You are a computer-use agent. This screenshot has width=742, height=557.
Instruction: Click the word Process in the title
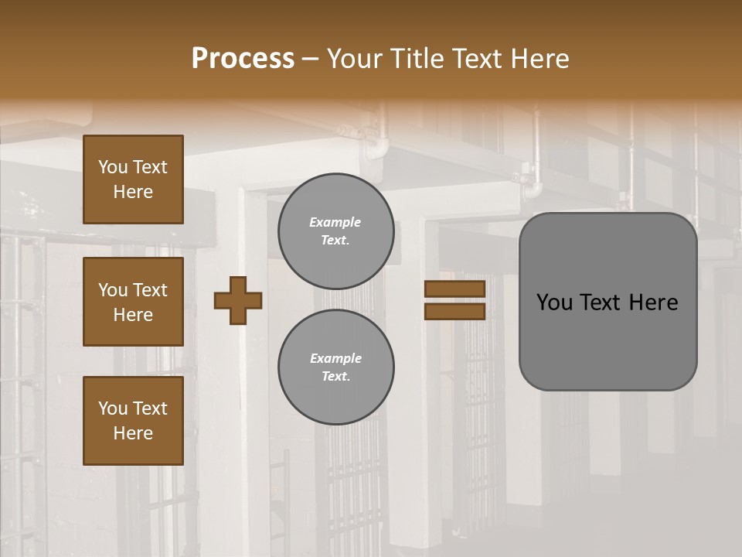(243, 59)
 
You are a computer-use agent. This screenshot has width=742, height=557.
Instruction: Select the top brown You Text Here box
(133, 179)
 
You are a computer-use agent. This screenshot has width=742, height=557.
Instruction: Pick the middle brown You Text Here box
(133, 302)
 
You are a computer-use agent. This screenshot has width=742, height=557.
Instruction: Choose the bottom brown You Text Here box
(133, 421)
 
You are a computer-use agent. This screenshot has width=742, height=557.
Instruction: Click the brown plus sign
(238, 300)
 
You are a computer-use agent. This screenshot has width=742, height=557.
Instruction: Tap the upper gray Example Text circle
(335, 231)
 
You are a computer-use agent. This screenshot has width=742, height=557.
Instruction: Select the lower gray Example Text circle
(335, 367)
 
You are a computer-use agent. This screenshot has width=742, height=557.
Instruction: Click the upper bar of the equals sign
(454, 289)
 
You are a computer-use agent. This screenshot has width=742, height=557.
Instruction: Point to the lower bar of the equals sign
(454, 311)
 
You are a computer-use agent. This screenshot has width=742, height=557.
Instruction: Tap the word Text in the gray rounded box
(601, 302)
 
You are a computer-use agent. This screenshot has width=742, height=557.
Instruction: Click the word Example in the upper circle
(335, 223)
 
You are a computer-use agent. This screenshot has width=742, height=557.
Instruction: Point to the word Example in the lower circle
(335, 359)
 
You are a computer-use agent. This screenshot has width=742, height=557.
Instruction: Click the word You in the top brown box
(113, 167)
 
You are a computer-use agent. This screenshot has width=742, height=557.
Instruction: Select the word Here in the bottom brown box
(133, 433)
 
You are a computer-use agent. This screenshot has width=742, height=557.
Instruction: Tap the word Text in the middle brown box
(150, 290)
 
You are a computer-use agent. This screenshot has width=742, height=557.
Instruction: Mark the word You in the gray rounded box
(553, 302)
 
